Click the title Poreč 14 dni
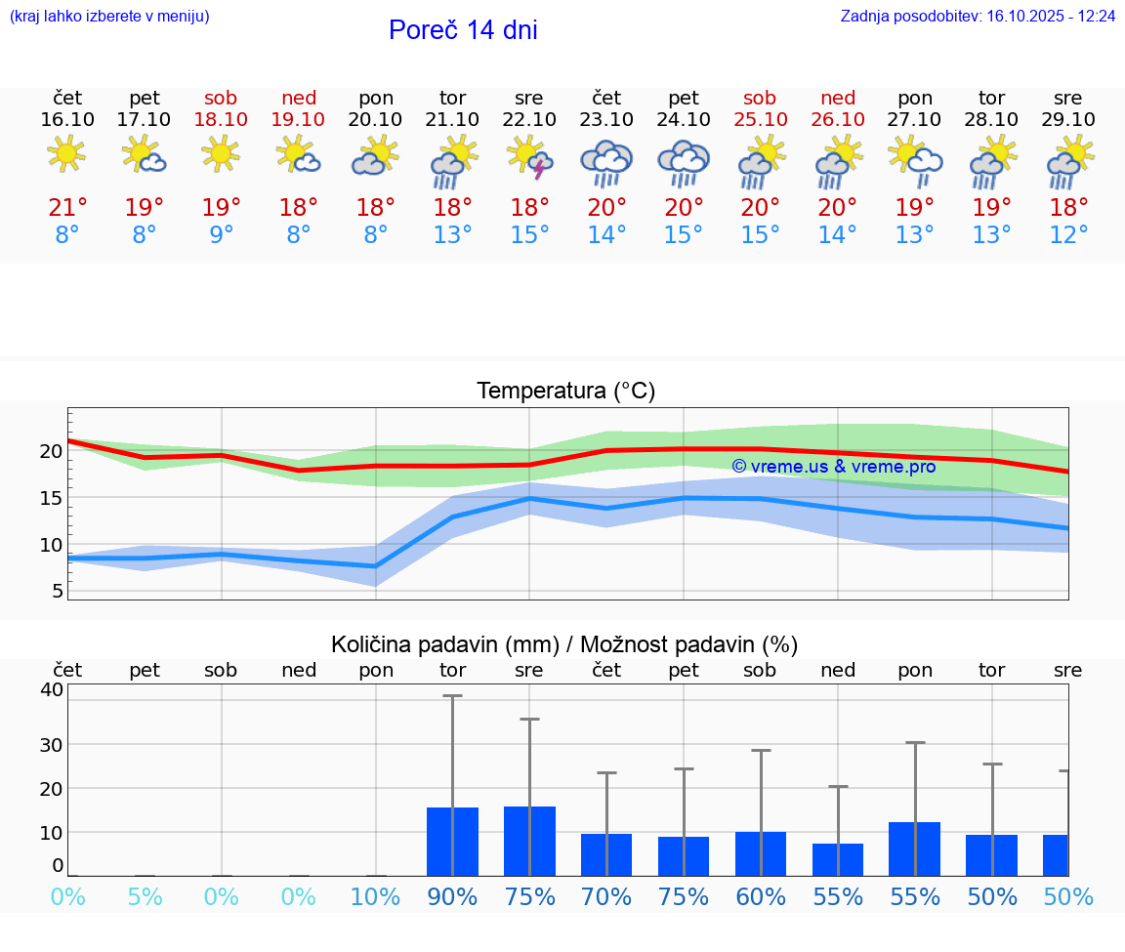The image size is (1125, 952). tap(463, 30)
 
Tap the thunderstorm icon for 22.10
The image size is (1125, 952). tap(529, 159)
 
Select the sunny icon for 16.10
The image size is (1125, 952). tap(66, 153)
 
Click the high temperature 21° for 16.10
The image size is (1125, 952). tap(67, 208)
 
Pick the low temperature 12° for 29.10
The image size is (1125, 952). tap(1068, 235)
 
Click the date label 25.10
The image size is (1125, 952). tap(760, 119)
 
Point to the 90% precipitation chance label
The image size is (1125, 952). tap(452, 897)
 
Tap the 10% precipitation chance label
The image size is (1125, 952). tap(376, 897)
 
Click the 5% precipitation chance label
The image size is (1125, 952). tap(145, 897)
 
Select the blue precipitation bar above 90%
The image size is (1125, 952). tap(452, 842)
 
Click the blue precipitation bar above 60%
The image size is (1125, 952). tap(760, 853)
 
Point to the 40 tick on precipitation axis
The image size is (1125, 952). tap(51, 689)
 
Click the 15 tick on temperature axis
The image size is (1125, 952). tap(51, 498)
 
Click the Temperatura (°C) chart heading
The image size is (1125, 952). tap(565, 392)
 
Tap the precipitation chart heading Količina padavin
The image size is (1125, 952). tap(564, 644)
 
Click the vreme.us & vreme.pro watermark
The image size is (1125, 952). tap(833, 467)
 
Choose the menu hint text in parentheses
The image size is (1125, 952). tap(109, 17)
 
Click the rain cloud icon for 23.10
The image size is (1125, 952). tap(606, 162)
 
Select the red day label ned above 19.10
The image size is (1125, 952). tap(299, 99)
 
